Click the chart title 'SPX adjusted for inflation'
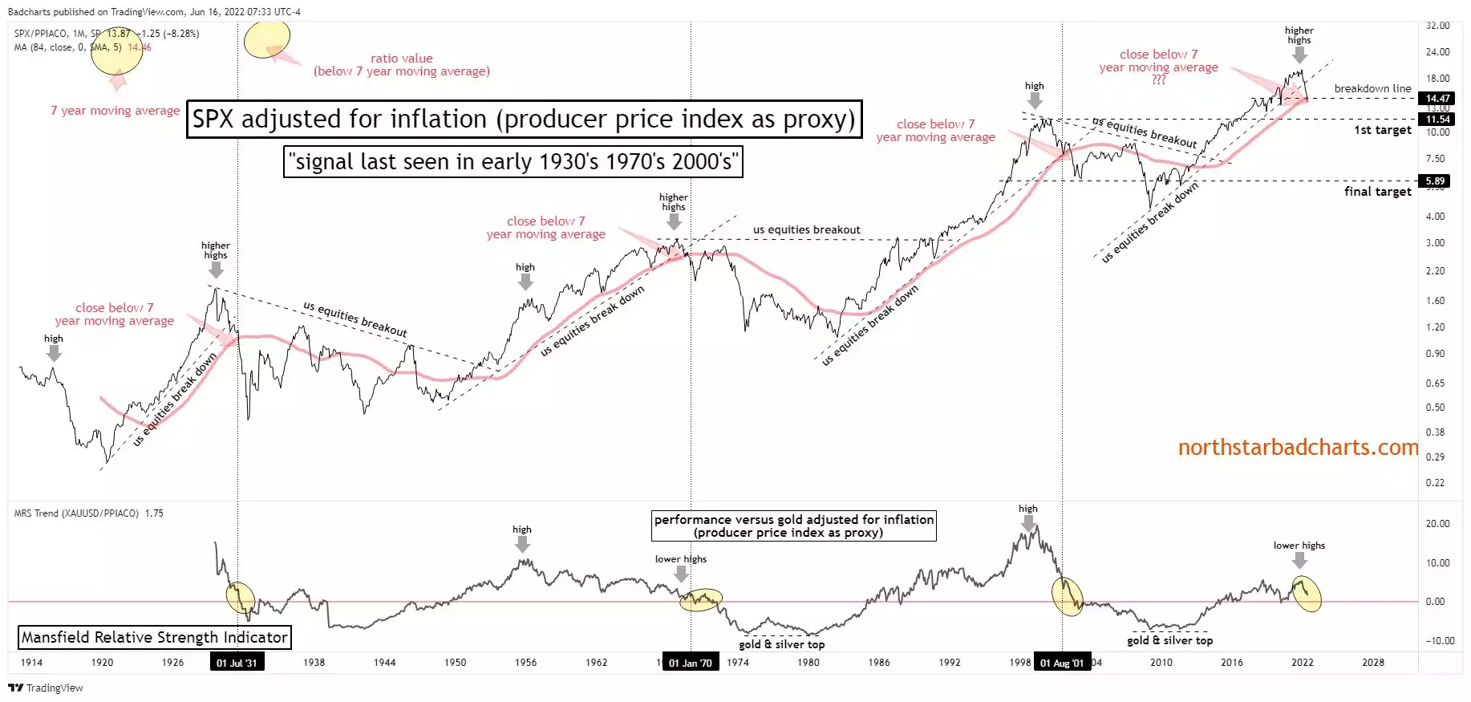coord(524,120)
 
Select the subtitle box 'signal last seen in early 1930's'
coord(513,162)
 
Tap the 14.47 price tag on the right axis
coord(1437,98)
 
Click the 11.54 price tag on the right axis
coord(1437,119)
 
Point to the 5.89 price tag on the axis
coord(1435,181)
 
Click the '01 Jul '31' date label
coord(237,663)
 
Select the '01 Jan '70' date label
coord(690,663)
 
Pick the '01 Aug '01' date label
coord(1061,663)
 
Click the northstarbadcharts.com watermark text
coord(1297,448)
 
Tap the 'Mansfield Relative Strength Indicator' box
coord(154,638)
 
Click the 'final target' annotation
coord(1377,192)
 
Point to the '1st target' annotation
coord(1382,130)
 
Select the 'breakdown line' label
coord(1372,88)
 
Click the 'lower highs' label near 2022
coord(1299,546)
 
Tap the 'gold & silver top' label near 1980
coord(781,644)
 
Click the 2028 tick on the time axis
coord(1372,663)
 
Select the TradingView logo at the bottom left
coord(46,688)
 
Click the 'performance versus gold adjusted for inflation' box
coord(793,525)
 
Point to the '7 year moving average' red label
coord(115,111)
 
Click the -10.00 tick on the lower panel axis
coord(1439,640)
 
